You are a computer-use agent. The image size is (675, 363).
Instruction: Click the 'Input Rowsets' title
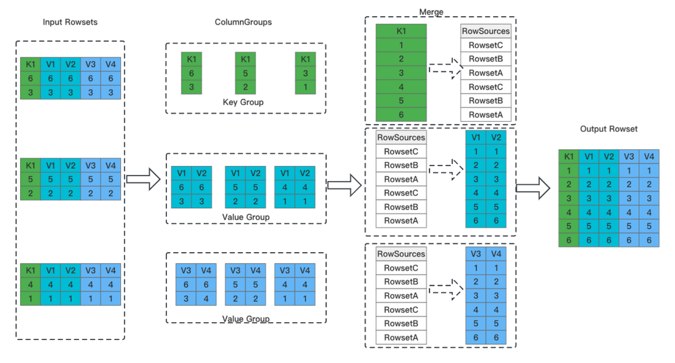pyautogui.click(x=70, y=22)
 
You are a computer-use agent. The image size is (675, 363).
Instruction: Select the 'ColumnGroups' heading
pyautogui.click(x=243, y=22)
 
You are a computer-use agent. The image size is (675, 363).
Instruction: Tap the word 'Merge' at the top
pyautogui.click(x=431, y=12)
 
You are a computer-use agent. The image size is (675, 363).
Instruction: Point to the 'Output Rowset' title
pyautogui.click(x=609, y=129)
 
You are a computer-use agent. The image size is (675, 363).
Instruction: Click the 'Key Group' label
pyautogui.click(x=243, y=102)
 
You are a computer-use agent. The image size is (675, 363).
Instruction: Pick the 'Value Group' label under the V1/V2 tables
pyautogui.click(x=246, y=217)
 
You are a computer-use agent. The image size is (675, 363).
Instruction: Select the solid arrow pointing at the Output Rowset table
pyautogui.click(x=533, y=188)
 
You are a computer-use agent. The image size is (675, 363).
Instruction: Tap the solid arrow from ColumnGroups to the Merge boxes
pyautogui.click(x=345, y=185)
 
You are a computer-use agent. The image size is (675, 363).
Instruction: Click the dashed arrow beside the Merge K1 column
pyautogui.click(x=446, y=69)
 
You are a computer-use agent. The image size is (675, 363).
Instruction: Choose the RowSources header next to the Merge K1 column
pyautogui.click(x=486, y=31)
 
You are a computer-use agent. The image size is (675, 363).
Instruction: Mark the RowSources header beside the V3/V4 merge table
pyautogui.click(x=401, y=254)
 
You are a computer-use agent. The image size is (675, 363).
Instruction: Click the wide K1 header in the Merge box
pyautogui.click(x=401, y=31)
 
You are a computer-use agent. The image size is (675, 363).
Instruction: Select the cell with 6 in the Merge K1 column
pyautogui.click(x=401, y=115)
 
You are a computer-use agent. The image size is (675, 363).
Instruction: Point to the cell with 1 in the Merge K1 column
pyautogui.click(x=401, y=45)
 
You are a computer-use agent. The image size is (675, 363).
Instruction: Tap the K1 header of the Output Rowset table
pyautogui.click(x=569, y=156)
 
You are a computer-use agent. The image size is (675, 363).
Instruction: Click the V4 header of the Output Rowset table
pyautogui.click(x=649, y=156)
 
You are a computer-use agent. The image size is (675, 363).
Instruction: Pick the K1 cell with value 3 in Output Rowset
pyautogui.click(x=569, y=198)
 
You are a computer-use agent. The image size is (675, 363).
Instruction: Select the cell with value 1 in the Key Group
pyautogui.click(x=305, y=87)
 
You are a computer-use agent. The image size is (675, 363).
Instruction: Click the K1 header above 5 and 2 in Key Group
pyautogui.click(x=245, y=59)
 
